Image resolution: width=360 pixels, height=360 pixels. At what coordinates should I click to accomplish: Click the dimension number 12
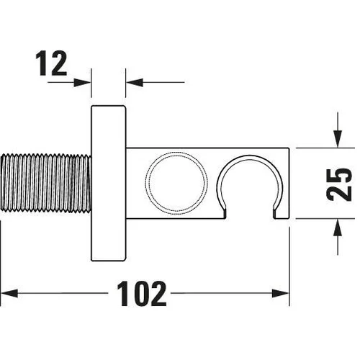pos(51,63)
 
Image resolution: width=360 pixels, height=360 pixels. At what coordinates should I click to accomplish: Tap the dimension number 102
pos(141,294)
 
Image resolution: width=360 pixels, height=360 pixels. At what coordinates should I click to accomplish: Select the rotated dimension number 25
pos(339,184)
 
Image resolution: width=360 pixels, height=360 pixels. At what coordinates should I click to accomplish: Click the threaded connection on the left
pos(45,183)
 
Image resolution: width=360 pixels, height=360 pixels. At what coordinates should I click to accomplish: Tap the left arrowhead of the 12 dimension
pos(82,83)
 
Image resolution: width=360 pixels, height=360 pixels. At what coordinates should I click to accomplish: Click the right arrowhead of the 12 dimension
pos(135,82)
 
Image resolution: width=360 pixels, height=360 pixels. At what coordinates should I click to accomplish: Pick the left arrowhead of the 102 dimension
pos(9,293)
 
